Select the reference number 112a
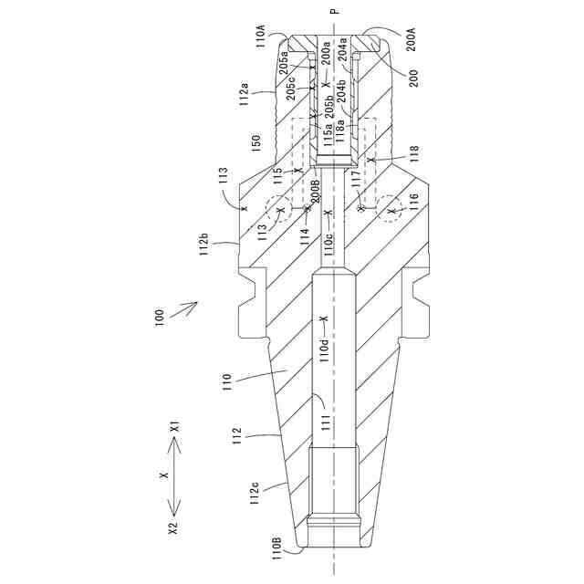coord(245,91)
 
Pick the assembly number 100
coord(161,316)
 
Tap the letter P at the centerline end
coord(334,12)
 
